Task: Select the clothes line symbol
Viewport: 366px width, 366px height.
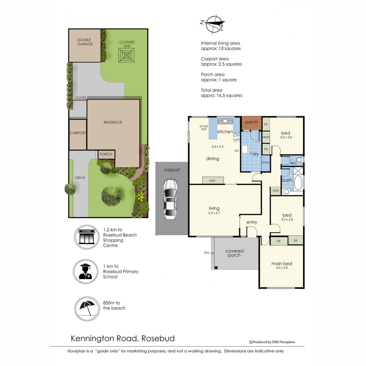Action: click(126, 56)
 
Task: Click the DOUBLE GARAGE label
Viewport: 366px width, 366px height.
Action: click(85, 42)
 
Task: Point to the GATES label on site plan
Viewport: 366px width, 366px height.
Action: click(81, 98)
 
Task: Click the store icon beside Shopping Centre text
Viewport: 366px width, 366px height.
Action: click(87, 237)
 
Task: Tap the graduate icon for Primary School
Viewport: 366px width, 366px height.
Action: click(86, 271)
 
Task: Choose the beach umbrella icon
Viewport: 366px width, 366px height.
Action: click(87, 308)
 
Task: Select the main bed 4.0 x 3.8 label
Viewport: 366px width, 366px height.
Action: click(282, 265)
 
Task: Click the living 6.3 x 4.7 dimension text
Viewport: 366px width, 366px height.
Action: click(214, 213)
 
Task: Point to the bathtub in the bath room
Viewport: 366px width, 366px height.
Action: click(298, 183)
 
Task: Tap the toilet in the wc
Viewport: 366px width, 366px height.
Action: click(299, 160)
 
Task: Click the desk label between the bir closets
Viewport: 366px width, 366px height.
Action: click(266, 137)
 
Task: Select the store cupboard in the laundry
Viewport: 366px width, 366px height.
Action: click(265, 163)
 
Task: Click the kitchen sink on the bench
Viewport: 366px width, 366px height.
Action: click(225, 121)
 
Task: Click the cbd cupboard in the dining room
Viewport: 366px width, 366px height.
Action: click(212, 181)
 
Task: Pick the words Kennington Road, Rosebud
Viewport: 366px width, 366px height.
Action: click(123, 339)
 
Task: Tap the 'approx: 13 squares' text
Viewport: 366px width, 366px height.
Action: click(221, 48)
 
